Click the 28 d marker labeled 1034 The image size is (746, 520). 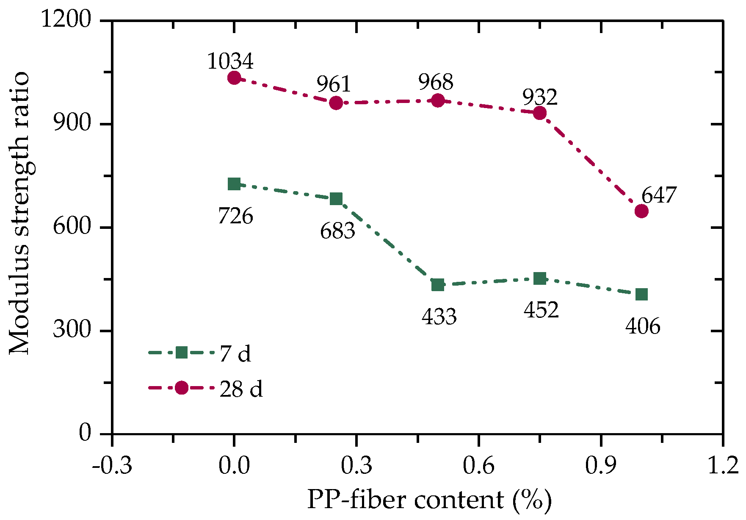(234, 78)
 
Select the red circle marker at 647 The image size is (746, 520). (641, 211)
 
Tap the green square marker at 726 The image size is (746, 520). (234, 184)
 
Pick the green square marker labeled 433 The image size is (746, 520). (438, 285)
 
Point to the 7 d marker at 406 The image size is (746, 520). (641, 294)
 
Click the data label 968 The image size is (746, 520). (436, 82)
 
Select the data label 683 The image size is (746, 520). (337, 231)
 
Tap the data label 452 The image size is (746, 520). (541, 310)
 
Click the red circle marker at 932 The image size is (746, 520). (539, 113)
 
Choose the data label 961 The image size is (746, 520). (334, 84)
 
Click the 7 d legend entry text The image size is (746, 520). (235, 353)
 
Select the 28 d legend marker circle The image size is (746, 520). (182, 387)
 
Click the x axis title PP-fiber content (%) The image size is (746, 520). (429, 500)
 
